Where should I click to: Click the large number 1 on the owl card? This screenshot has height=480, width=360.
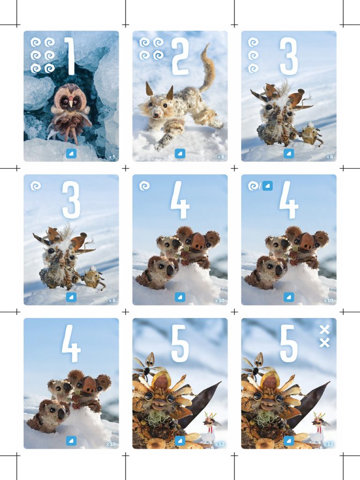(x=70, y=56)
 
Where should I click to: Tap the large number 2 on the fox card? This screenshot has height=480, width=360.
(x=180, y=56)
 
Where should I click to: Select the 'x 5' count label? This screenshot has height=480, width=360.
(x=112, y=157)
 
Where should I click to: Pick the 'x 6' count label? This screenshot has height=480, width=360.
(x=220, y=157)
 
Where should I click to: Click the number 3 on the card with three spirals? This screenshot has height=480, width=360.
(x=288, y=56)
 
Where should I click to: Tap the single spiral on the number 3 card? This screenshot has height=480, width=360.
(x=36, y=186)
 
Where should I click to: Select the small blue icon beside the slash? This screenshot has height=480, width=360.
(x=267, y=186)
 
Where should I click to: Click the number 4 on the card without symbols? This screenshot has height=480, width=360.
(x=71, y=346)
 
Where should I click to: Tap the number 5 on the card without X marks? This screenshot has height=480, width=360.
(x=180, y=344)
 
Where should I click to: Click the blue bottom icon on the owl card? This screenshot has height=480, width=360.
(x=71, y=153)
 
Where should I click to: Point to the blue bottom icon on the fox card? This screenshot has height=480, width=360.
(x=180, y=153)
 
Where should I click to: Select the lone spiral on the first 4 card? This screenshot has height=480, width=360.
(x=144, y=186)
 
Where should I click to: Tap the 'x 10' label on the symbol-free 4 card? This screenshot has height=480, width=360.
(x=111, y=444)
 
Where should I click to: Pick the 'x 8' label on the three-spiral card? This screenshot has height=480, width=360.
(x=329, y=157)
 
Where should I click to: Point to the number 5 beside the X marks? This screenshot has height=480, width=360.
(x=288, y=344)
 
